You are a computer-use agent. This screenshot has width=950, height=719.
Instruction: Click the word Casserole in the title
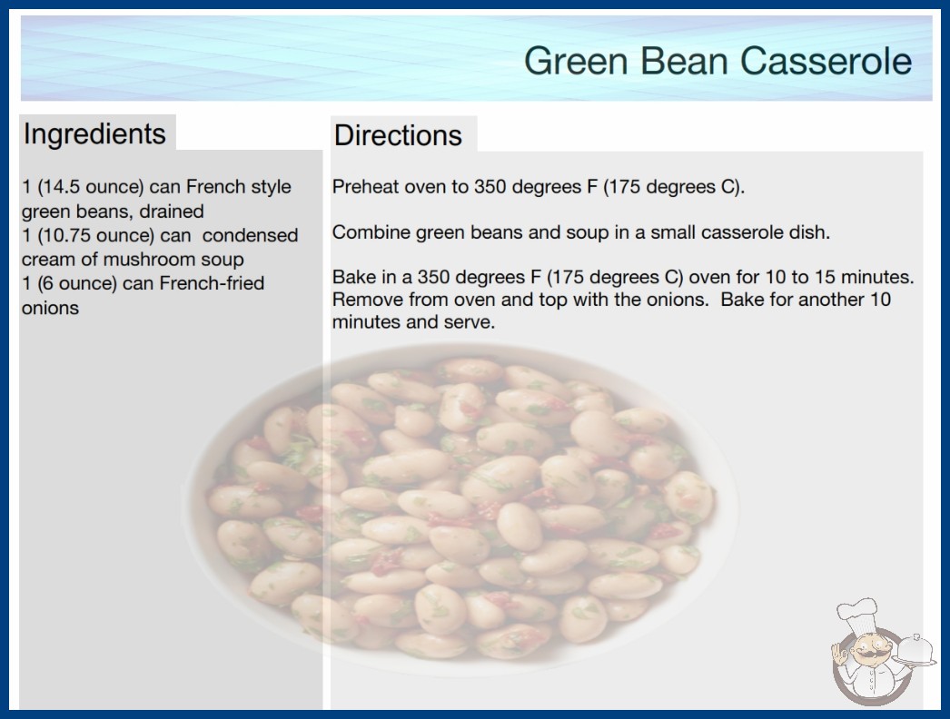click(826, 61)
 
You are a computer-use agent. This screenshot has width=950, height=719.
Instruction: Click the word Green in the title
click(576, 61)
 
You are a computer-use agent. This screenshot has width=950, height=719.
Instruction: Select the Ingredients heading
click(94, 134)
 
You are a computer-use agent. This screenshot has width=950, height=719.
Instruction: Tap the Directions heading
click(398, 135)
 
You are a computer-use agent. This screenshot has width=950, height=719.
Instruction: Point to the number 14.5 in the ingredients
click(59, 187)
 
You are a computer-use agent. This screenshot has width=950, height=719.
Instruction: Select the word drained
click(172, 212)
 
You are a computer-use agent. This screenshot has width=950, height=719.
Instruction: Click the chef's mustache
click(866, 655)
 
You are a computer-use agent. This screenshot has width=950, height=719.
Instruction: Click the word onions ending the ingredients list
click(50, 308)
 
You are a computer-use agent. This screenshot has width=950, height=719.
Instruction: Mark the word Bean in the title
click(684, 61)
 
